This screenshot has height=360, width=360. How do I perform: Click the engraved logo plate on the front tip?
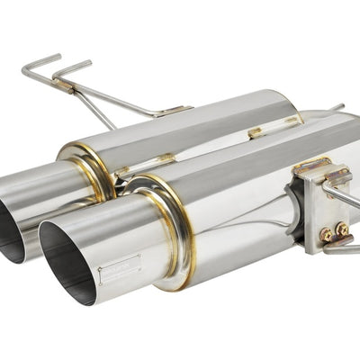click(x=120, y=268)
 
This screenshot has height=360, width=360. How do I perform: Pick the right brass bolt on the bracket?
click(x=343, y=230)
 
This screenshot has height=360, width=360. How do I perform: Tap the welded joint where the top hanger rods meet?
click(x=63, y=86)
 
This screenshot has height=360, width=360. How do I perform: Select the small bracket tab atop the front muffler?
click(x=256, y=132)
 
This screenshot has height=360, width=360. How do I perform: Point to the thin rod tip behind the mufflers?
click(x=337, y=108)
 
